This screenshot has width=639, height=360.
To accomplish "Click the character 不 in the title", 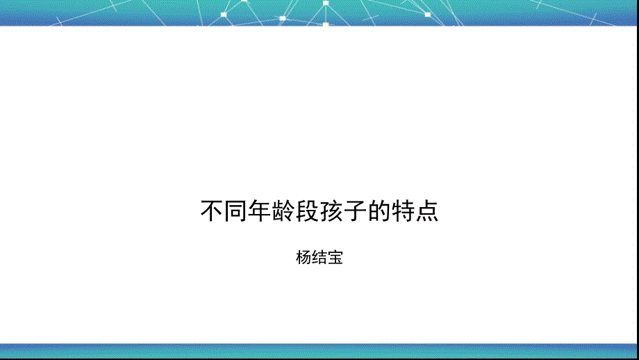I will click(211, 211).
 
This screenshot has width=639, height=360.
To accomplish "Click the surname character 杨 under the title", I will click(304, 259).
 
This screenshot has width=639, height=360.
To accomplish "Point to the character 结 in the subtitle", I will click(319, 259).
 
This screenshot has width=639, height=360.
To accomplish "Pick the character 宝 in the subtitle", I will click(335, 259).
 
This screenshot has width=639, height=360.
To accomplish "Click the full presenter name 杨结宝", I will click(319, 259).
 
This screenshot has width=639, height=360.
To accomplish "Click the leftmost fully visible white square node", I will click(225, 14).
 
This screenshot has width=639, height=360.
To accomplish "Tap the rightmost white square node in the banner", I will click(427, 14).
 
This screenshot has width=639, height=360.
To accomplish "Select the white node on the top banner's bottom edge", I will click(326, 25).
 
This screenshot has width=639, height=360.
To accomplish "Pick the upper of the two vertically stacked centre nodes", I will click(326, 3).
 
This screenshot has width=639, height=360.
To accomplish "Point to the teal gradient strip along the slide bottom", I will click(319, 350).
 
